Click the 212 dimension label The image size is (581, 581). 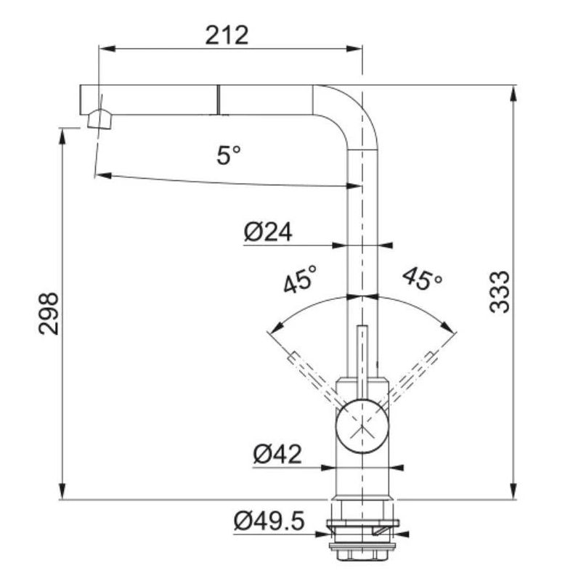227,36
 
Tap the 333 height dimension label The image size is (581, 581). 500,292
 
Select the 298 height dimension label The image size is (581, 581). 49,314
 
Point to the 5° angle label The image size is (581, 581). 229,155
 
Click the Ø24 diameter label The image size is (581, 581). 268,232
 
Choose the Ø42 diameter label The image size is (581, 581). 277,454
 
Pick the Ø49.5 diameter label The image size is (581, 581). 269,521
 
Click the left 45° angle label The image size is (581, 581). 301,279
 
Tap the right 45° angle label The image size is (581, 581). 423,278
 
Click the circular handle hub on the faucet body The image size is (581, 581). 362,426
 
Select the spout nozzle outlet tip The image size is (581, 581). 99,119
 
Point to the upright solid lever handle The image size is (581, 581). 362,363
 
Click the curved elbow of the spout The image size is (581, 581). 346,117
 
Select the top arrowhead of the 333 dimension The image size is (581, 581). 513,94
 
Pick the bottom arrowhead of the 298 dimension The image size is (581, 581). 62,492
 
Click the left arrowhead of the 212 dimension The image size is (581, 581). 107,49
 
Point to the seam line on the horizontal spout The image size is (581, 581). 219,99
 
